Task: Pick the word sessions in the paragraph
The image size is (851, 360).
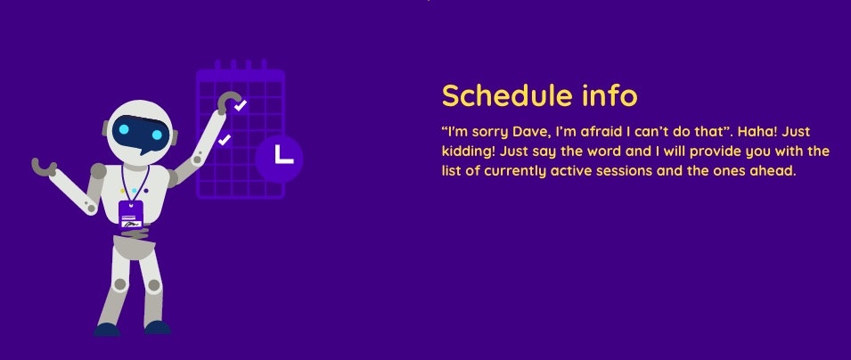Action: [x=626, y=171]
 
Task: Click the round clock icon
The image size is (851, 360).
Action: [x=279, y=159]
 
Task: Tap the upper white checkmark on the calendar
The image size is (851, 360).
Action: [x=240, y=105]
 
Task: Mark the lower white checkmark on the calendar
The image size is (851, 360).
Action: [x=225, y=140]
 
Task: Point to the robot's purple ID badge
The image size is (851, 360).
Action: [x=131, y=214]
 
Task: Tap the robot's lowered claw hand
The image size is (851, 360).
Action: [x=44, y=166]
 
